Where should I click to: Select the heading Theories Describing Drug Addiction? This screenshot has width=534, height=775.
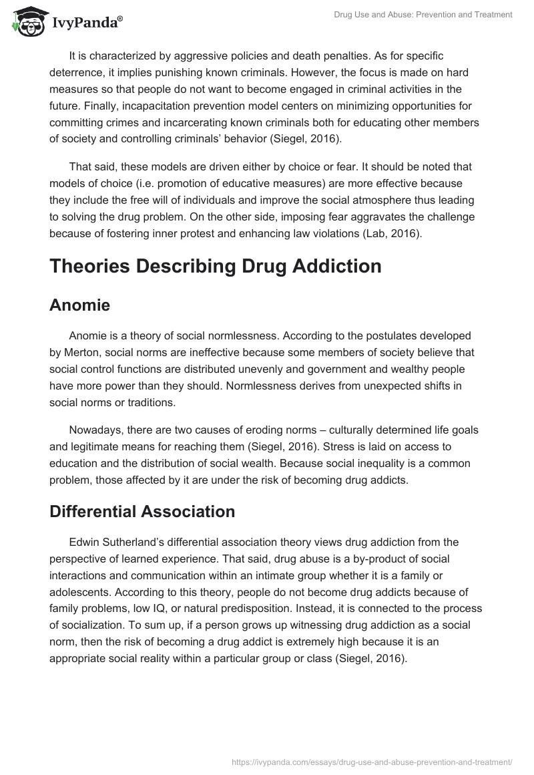click(216, 266)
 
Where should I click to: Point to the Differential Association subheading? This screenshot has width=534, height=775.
click(142, 512)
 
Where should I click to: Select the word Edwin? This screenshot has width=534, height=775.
click(85, 542)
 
